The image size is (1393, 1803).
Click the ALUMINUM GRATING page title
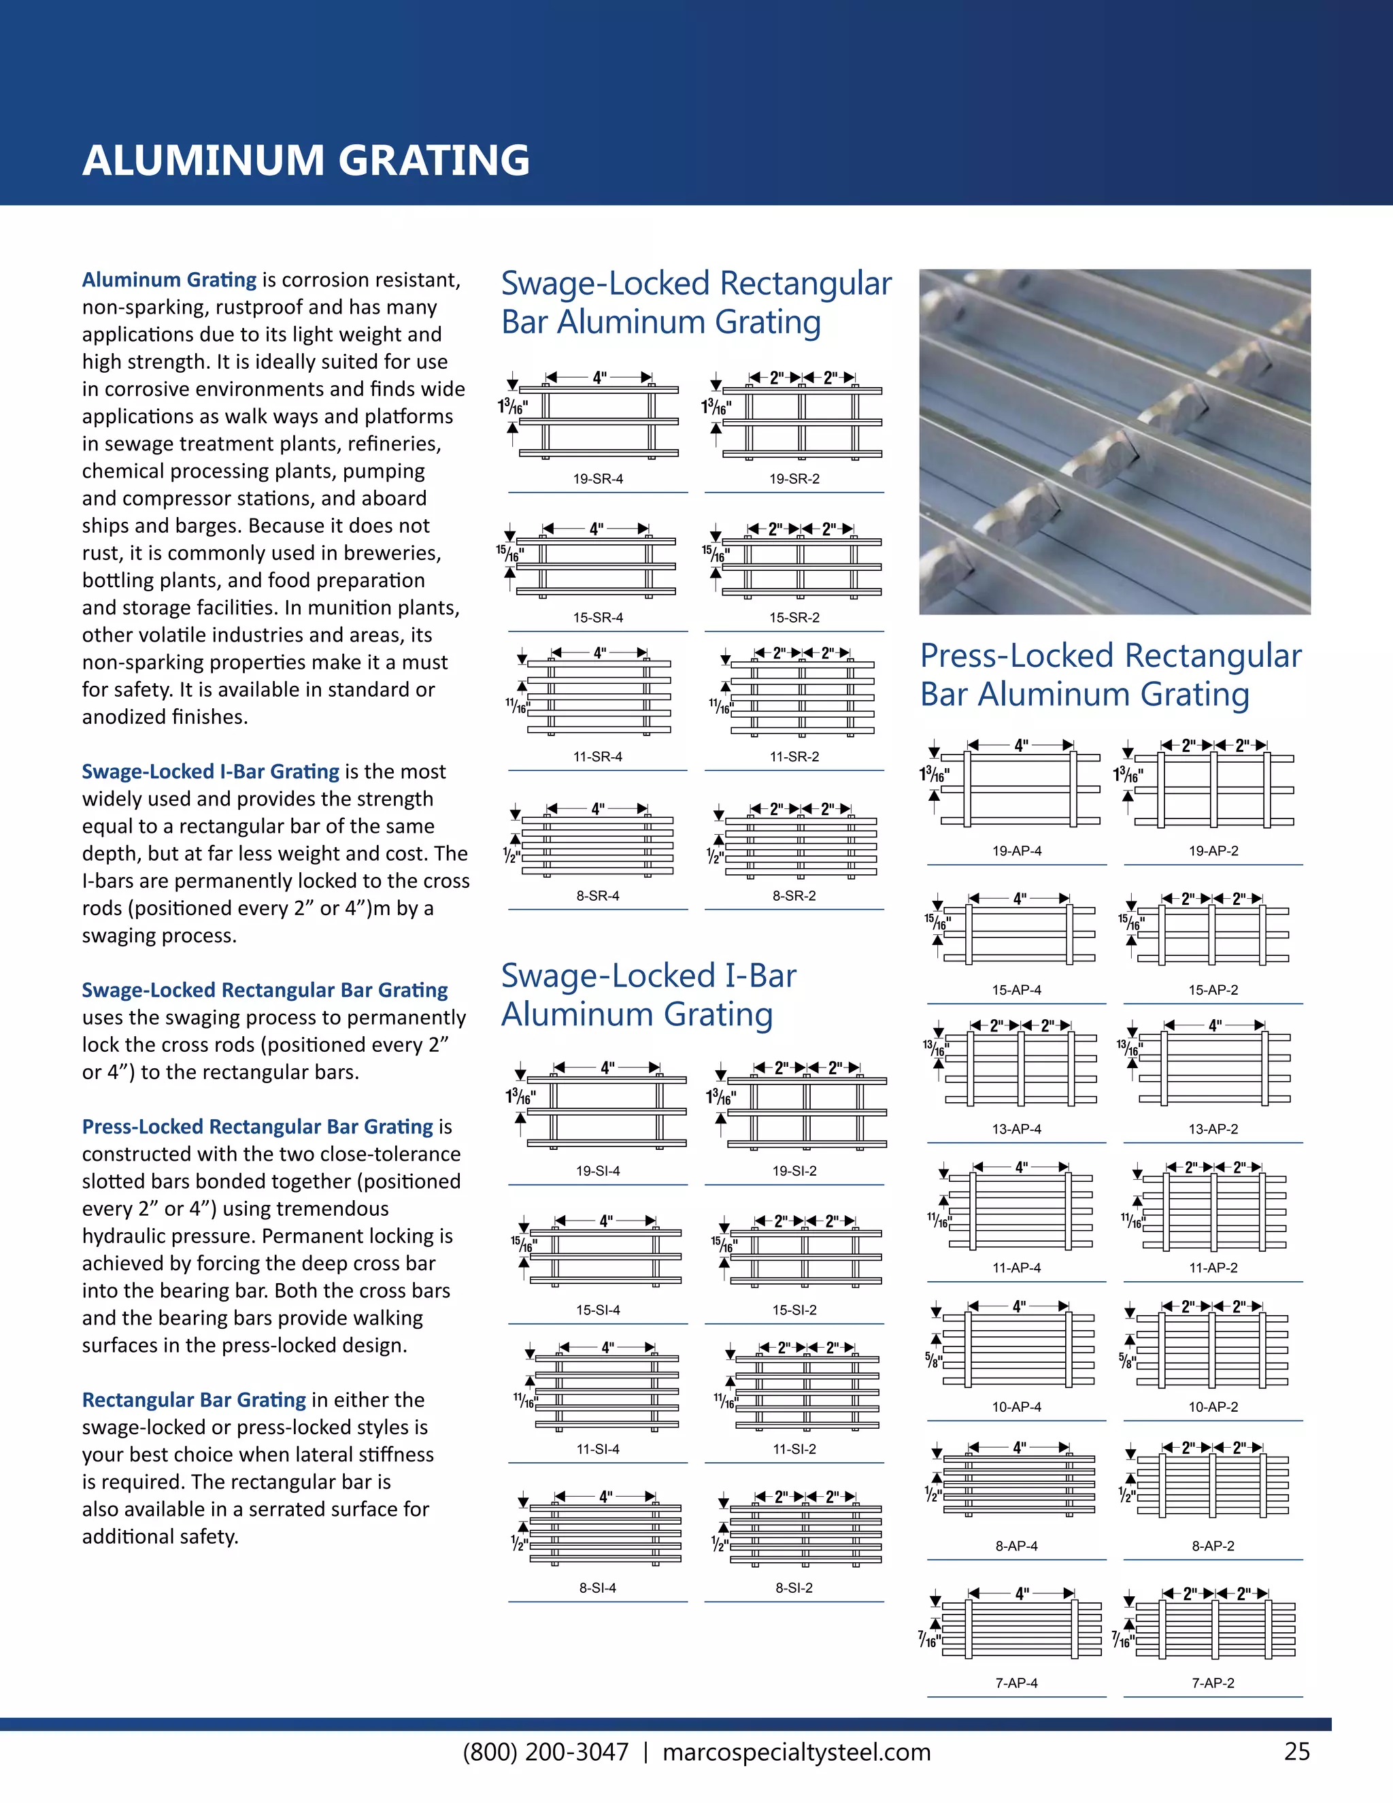(305, 160)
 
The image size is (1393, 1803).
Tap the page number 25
(1296, 1751)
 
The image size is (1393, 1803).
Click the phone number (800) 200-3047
(546, 1752)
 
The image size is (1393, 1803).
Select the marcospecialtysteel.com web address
(796, 1752)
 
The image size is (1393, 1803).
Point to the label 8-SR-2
(794, 896)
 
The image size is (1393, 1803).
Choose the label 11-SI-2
(794, 1449)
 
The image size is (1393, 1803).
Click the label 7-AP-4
(1016, 1683)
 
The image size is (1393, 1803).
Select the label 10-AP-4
(1016, 1407)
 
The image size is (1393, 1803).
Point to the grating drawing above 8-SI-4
(604, 1534)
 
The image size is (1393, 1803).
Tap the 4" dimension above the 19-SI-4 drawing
(607, 1068)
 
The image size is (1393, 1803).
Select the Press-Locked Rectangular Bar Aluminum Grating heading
(1110, 674)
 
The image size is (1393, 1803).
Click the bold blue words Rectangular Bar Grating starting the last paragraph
(194, 1400)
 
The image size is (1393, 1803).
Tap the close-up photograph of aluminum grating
(1114, 442)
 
